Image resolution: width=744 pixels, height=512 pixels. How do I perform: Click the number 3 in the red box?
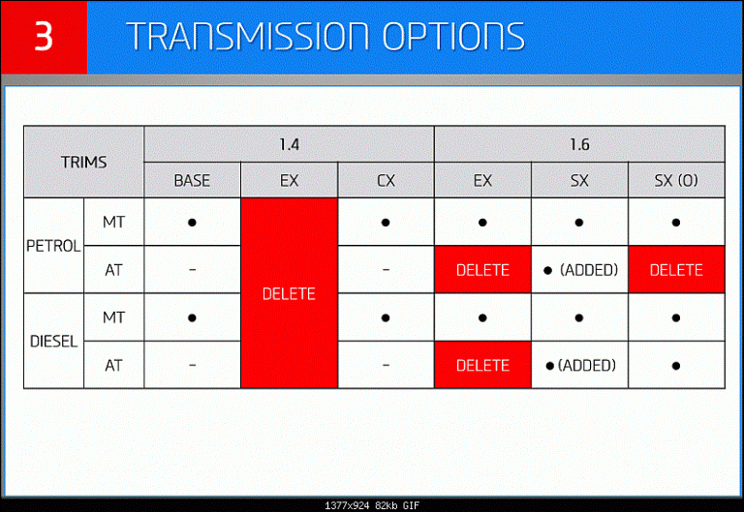[x=44, y=36]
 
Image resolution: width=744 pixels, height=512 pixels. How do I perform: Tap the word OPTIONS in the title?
[x=453, y=36]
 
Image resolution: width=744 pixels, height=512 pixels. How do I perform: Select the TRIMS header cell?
[x=83, y=163]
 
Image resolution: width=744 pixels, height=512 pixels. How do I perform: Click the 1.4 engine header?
[x=289, y=144]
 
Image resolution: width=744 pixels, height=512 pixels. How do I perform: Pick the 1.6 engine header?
[x=579, y=144]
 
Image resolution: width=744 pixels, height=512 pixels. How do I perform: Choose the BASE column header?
[x=192, y=181]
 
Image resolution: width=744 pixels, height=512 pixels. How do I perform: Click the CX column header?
[x=386, y=181]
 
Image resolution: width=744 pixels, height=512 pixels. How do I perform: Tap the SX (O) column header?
[x=676, y=181]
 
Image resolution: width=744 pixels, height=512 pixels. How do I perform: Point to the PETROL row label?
[x=53, y=246]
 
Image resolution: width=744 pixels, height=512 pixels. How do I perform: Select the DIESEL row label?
[x=53, y=342]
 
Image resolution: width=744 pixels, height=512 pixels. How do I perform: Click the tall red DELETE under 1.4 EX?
[x=289, y=294]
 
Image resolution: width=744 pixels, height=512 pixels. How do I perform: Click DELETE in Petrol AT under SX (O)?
[x=676, y=270]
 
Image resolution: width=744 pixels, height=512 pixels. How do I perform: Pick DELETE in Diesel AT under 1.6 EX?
[x=482, y=366]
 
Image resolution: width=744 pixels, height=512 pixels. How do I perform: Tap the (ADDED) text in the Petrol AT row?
[x=589, y=270]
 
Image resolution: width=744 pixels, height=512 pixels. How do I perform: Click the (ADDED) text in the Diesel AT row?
[x=587, y=366]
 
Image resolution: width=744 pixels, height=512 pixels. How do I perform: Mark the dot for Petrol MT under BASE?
[x=192, y=223]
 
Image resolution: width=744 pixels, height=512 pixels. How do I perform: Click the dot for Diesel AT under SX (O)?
[x=676, y=366]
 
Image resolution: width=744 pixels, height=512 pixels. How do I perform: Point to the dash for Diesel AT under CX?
[x=386, y=365]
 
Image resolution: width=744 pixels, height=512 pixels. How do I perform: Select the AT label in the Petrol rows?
[x=113, y=270]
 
